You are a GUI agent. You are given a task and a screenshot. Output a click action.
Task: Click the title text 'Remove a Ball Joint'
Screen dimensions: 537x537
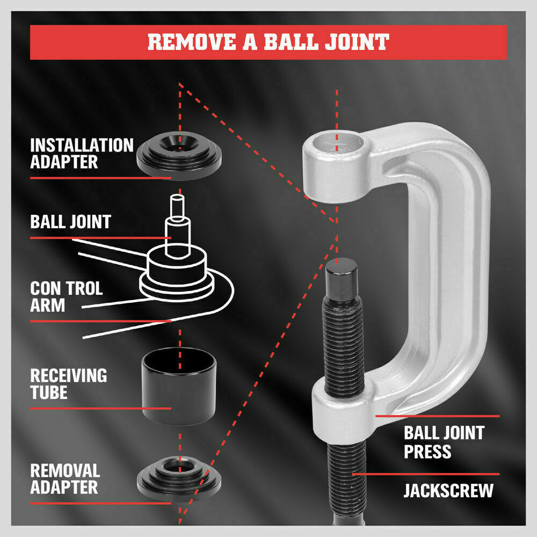click(x=268, y=42)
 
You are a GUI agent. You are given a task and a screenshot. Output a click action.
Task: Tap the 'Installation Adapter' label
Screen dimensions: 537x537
click(x=81, y=154)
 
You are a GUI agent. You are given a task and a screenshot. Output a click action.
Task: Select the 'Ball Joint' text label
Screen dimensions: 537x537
click(x=70, y=221)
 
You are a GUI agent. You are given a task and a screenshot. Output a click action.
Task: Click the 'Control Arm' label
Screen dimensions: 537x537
click(x=66, y=296)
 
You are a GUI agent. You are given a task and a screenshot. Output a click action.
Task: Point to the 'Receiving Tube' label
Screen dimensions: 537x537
click(x=68, y=383)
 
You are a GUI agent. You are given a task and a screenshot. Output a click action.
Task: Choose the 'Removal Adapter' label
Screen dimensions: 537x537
click(x=65, y=479)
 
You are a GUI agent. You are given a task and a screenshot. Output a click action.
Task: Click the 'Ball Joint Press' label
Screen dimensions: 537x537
click(x=444, y=441)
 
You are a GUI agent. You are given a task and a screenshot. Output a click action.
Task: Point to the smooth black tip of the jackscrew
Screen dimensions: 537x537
click(x=342, y=279)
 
